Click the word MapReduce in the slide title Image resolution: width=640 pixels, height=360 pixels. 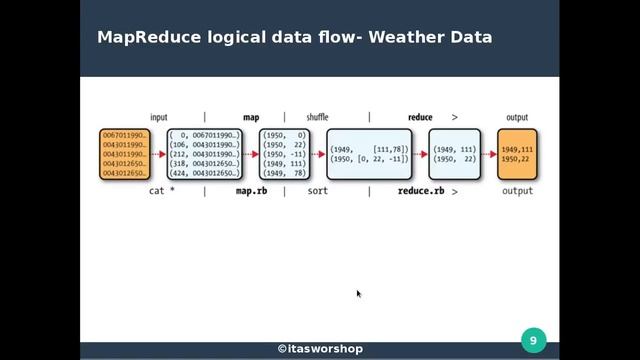tap(147, 38)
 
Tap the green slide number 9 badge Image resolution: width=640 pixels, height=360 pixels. tap(533, 341)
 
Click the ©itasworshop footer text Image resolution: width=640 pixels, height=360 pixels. tap(320, 349)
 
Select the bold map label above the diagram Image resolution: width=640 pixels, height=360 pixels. tap(251, 117)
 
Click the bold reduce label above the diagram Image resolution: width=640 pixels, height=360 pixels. tap(420, 117)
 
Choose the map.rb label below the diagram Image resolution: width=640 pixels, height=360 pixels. tap(251, 190)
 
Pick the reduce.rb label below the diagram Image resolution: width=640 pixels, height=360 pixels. tap(420, 190)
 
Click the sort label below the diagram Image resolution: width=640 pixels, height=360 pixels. tap(318, 190)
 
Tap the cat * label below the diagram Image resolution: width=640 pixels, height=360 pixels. tap(160, 190)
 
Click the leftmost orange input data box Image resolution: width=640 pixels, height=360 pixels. tap(123, 154)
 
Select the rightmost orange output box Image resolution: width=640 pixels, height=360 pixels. tap(517, 154)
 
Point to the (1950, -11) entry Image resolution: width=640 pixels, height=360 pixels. tap(284, 154)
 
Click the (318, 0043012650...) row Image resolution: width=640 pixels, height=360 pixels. tap(205, 164)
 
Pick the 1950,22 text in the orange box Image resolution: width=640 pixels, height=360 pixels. tap(517, 159)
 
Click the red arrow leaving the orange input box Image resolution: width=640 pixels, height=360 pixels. tap(158, 154)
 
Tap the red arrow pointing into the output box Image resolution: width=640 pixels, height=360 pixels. tap(487, 154)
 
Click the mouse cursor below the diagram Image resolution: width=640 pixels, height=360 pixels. tap(359, 294)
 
